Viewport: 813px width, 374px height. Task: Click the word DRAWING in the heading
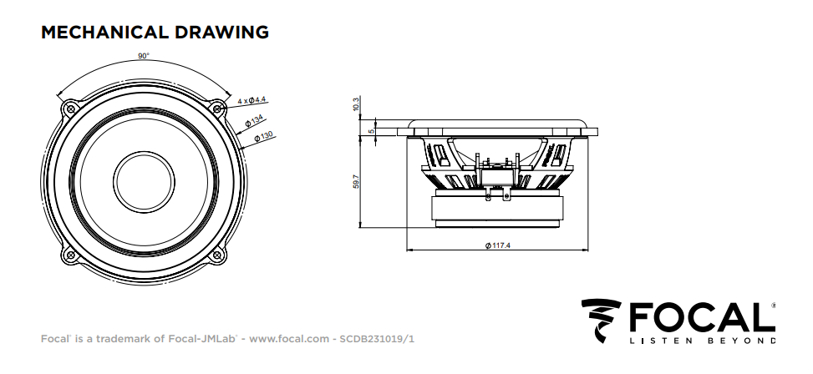tap(222, 32)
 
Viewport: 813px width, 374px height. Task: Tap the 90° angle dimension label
tap(144, 56)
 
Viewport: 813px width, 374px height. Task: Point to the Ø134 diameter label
tap(255, 123)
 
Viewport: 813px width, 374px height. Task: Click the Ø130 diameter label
tap(263, 137)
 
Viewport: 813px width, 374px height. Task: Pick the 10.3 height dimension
tap(355, 104)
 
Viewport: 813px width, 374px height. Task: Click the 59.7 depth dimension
tap(356, 181)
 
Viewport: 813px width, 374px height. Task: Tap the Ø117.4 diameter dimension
tap(498, 245)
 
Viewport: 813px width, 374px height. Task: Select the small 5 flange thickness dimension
tap(371, 130)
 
